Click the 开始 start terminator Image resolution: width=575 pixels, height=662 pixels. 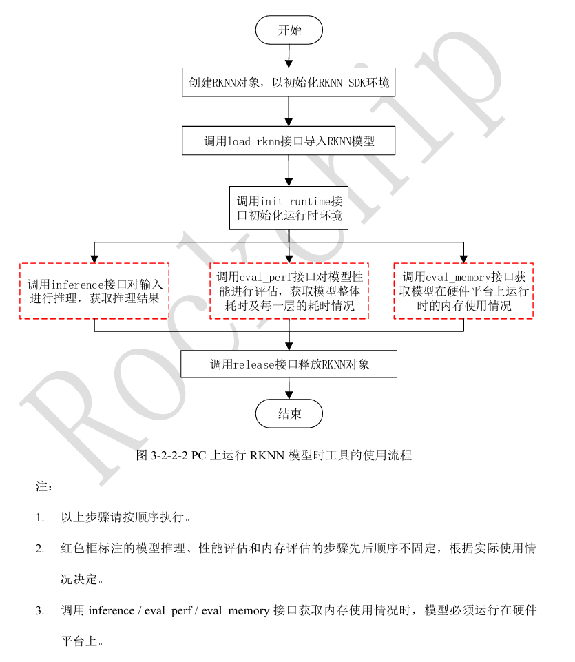[289, 30]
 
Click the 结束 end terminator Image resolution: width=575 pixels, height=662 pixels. [289, 413]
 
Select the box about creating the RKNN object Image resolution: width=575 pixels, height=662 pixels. [289, 83]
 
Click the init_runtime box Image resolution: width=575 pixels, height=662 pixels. [289, 208]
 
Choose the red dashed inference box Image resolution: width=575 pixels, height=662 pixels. [94, 291]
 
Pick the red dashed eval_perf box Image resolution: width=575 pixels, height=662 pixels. [289, 291]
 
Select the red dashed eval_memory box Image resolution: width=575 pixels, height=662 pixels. [463, 291]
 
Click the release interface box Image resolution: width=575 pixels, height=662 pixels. [289, 364]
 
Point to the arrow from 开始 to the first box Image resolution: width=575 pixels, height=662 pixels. [289, 55]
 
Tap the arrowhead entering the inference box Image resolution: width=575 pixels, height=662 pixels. [94, 258]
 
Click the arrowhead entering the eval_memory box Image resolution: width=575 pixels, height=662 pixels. [463, 258]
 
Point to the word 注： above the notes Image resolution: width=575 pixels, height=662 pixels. [44, 486]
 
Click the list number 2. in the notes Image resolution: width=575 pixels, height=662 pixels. [40, 549]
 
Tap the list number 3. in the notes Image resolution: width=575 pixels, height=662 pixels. [40, 610]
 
